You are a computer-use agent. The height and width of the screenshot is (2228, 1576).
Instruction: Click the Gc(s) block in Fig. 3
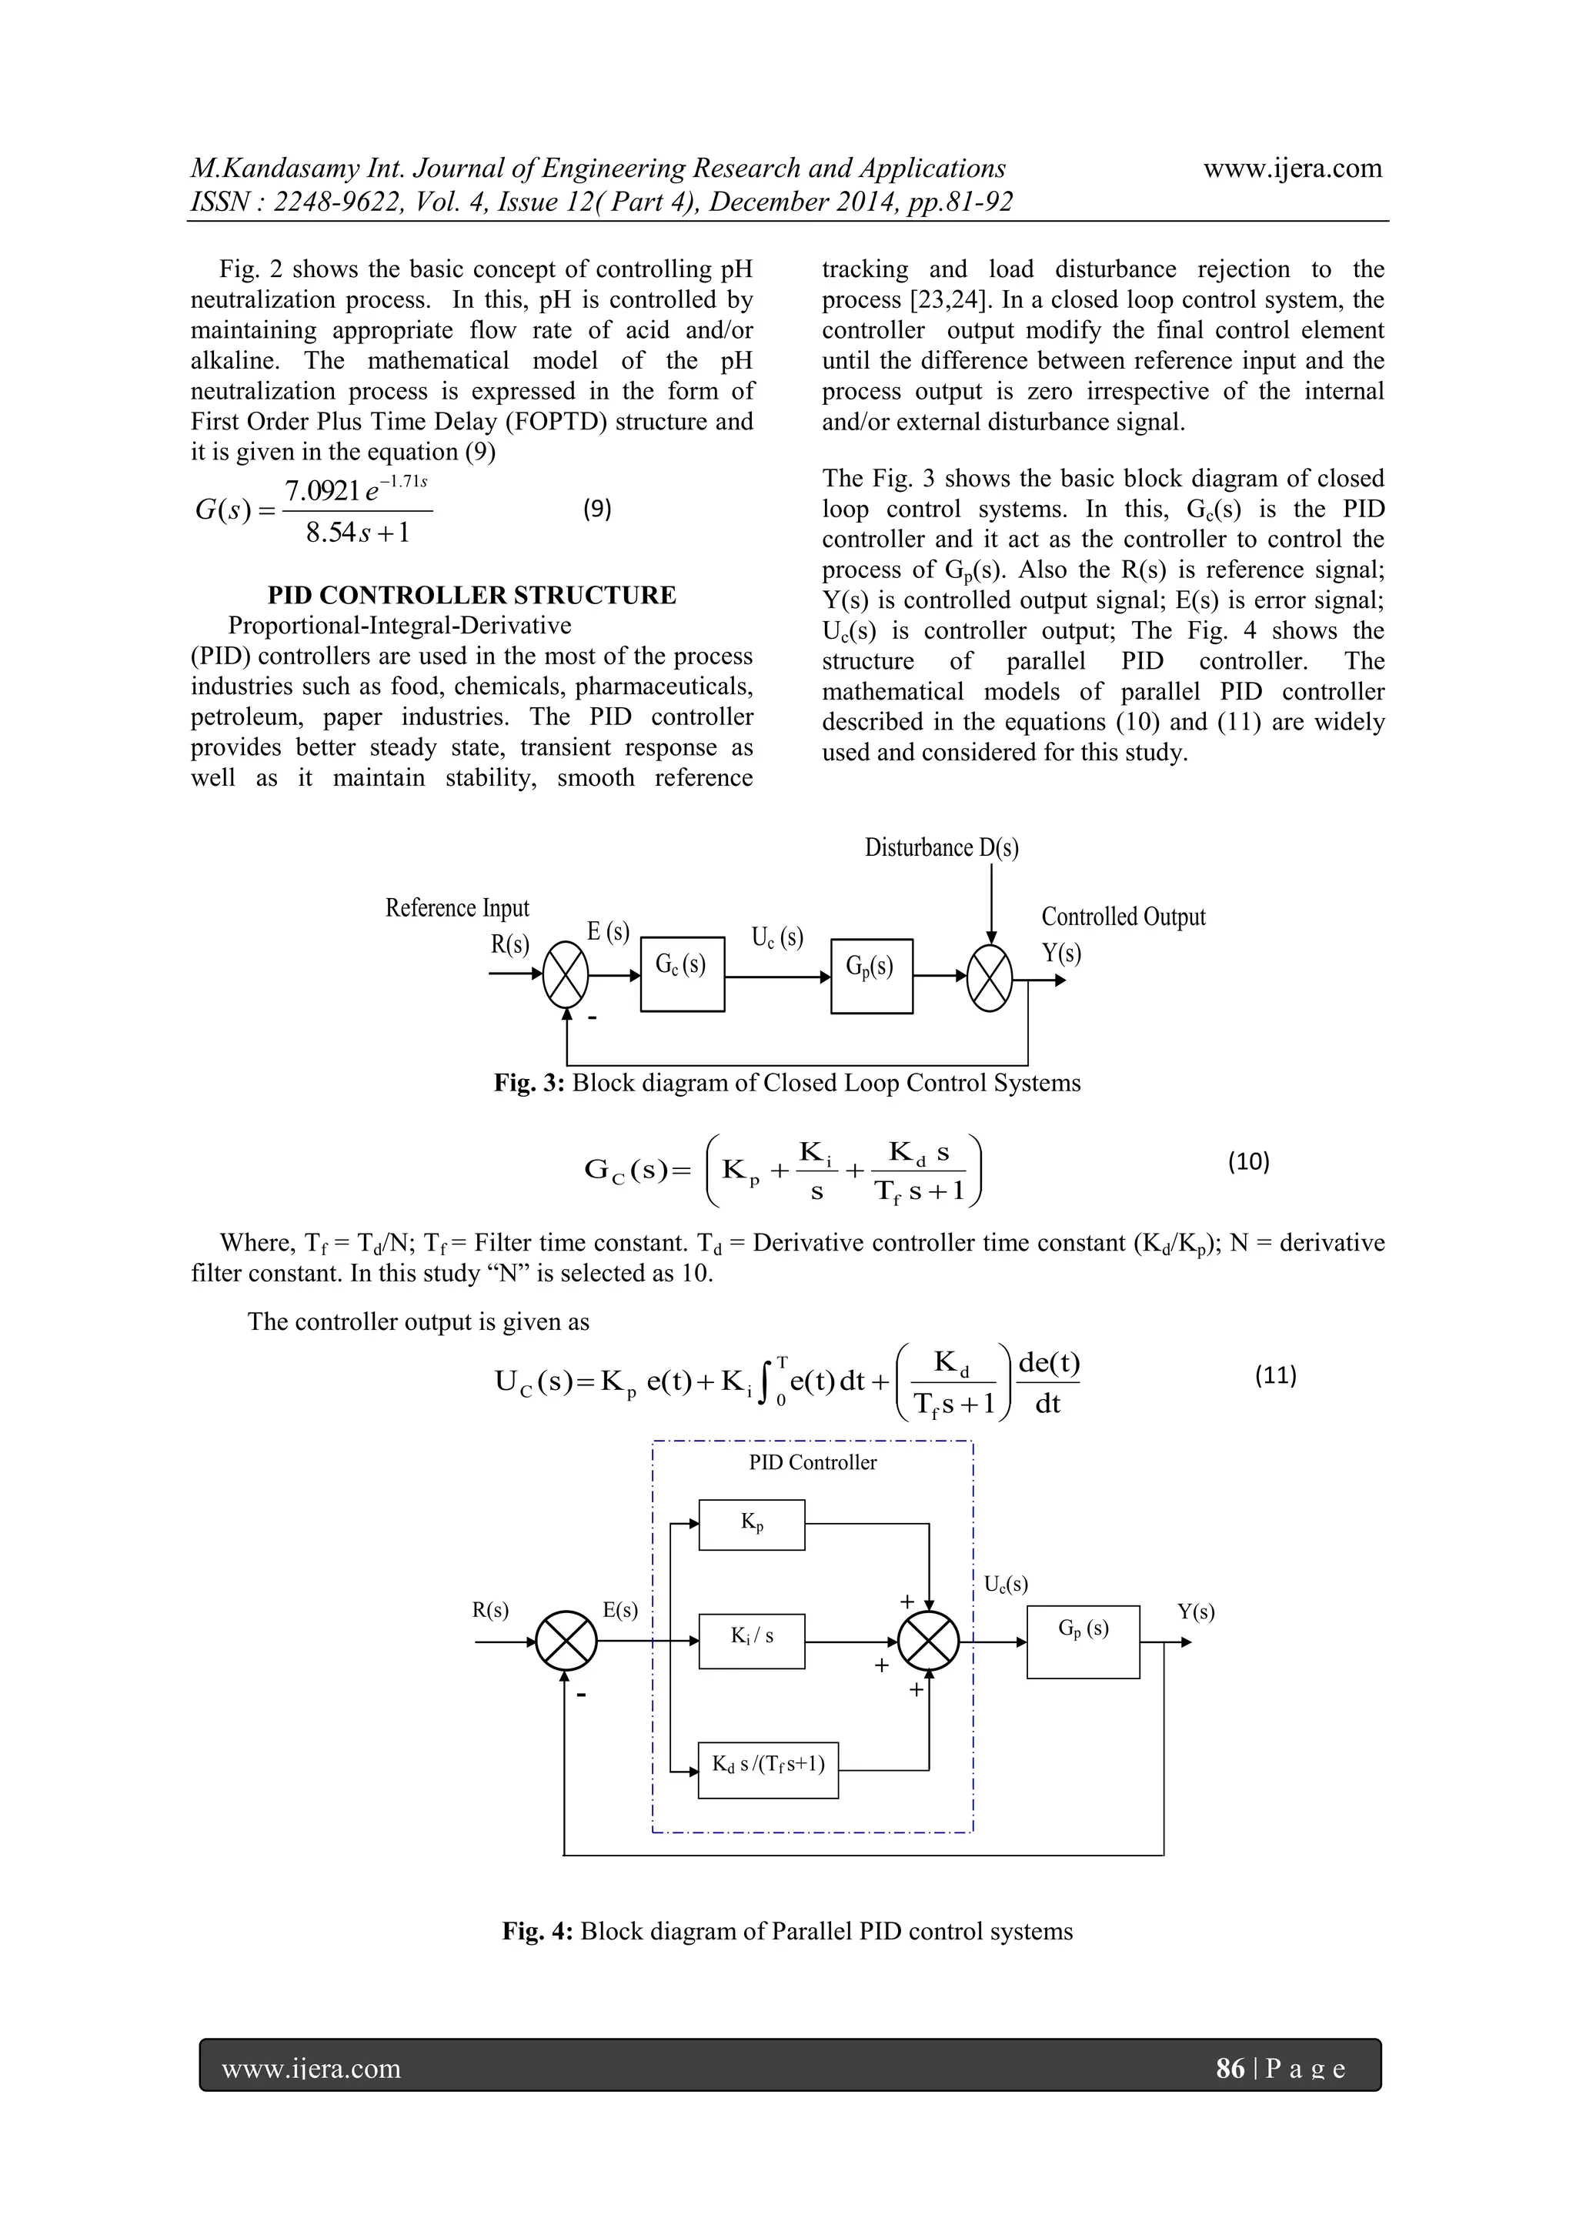click(683, 974)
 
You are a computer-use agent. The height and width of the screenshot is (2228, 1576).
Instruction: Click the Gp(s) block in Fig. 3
click(871, 975)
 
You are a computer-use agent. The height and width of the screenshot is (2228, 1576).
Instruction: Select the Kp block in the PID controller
click(751, 1525)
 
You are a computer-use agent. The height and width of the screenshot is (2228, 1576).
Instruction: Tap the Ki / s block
click(751, 1641)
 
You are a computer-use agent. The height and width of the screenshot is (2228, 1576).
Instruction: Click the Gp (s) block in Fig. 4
click(1083, 1641)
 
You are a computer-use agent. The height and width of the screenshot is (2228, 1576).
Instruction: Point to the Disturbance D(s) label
click(941, 848)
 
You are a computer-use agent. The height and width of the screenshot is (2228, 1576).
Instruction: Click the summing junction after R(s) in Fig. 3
click(566, 975)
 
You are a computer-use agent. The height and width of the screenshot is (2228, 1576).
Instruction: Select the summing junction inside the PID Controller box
click(929, 1642)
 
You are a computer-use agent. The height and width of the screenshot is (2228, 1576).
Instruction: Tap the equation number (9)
click(597, 509)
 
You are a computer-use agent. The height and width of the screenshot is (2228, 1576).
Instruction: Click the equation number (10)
click(1248, 1161)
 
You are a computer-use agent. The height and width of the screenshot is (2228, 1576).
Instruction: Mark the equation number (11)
click(1275, 1375)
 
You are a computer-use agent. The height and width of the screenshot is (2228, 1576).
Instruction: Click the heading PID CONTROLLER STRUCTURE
click(472, 595)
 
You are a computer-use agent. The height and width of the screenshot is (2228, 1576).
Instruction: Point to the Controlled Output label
click(1123, 917)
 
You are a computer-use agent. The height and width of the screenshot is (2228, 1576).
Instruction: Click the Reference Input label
click(457, 908)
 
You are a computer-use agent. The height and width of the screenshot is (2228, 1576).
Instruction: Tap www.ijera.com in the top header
click(1293, 168)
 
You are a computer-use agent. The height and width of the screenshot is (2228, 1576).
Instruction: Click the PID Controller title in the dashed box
click(813, 1462)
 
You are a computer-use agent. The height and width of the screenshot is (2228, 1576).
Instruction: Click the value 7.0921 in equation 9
click(322, 491)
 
